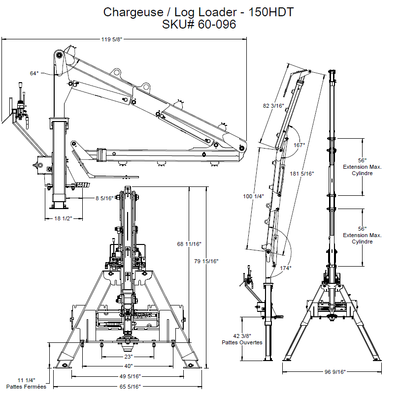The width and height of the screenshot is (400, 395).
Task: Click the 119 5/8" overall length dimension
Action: (111, 40)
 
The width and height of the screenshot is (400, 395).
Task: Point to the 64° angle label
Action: (34, 73)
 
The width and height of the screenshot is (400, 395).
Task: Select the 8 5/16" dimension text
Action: (104, 198)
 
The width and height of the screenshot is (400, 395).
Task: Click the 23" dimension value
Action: (128, 356)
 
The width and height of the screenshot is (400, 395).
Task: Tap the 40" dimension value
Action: (128, 366)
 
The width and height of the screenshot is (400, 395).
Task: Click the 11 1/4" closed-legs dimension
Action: (26, 380)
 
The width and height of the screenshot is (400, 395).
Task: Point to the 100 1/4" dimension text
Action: (254, 196)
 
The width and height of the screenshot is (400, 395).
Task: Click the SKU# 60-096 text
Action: (199, 24)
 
